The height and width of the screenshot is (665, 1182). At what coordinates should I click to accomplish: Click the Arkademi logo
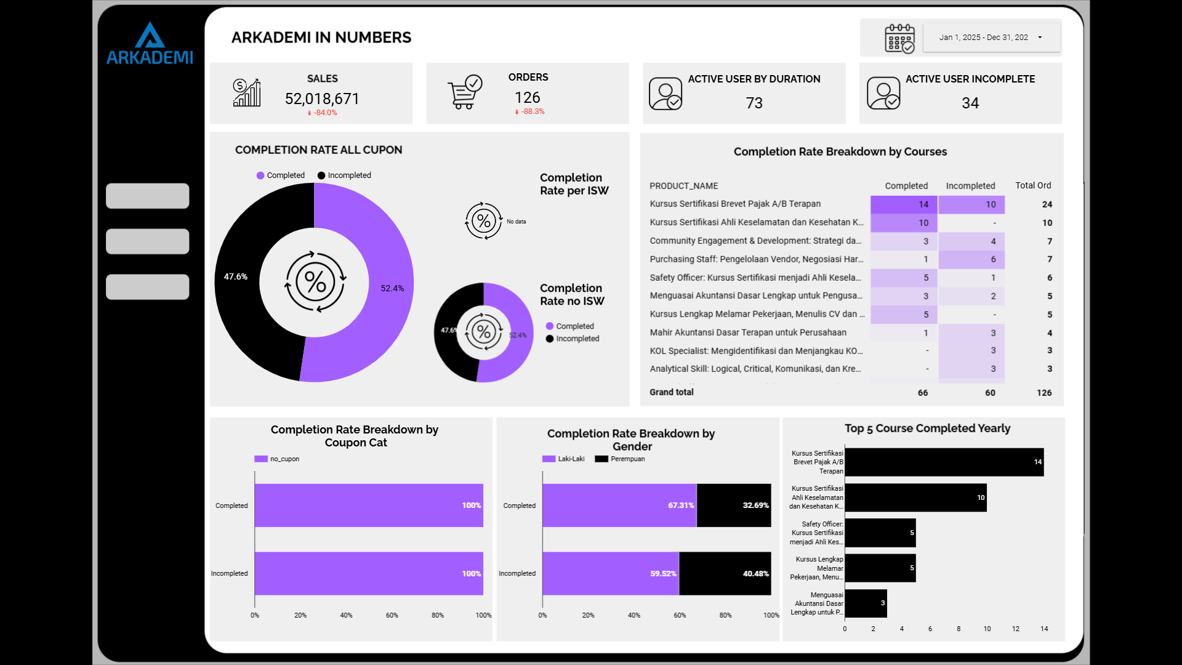(150, 44)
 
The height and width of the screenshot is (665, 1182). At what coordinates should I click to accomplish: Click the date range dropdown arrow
(1040, 38)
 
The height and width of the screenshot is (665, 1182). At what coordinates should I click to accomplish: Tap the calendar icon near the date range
(899, 39)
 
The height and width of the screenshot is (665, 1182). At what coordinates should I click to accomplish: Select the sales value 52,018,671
(322, 99)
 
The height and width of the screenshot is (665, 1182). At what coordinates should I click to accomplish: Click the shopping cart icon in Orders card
(464, 93)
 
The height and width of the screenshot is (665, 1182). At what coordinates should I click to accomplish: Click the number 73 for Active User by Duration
(754, 103)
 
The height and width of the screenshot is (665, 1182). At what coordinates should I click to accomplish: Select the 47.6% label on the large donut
(236, 277)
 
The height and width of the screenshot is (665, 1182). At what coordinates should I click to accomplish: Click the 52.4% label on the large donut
(392, 288)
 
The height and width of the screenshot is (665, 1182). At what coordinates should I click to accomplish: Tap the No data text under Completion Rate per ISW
(517, 222)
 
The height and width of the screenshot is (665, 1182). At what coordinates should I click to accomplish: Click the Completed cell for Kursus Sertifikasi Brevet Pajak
(904, 204)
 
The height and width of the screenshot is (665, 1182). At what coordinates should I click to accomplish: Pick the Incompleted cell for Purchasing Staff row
(971, 259)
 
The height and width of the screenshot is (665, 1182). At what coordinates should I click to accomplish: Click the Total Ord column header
(1033, 185)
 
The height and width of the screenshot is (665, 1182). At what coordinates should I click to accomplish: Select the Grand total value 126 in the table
(1044, 393)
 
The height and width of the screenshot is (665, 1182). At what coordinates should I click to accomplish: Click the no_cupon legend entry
(278, 459)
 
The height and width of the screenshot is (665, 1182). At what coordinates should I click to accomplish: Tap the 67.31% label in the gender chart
(681, 506)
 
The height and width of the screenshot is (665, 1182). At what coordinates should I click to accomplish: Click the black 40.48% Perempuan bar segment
(725, 574)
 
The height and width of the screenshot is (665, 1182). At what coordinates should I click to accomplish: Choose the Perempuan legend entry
(621, 459)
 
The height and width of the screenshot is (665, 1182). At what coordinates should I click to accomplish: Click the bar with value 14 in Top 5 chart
(944, 462)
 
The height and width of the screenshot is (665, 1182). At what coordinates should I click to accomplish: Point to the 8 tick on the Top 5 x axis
(959, 629)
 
